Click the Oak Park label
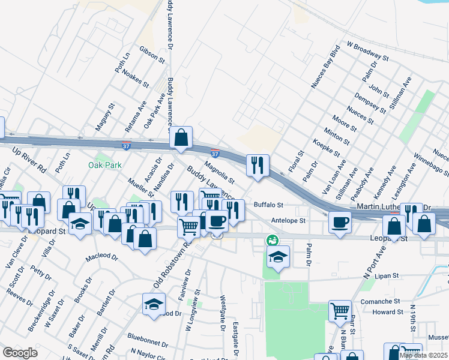[105, 165]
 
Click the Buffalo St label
[268, 205]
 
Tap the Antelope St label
[288, 220]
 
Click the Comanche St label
[380, 301]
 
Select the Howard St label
[388, 312]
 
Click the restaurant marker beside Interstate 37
[258, 165]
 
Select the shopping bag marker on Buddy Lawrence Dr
[180, 137]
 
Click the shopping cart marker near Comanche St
[340, 311]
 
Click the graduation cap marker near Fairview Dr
[154, 304]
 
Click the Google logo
[20, 353]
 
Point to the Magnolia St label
[218, 172]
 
